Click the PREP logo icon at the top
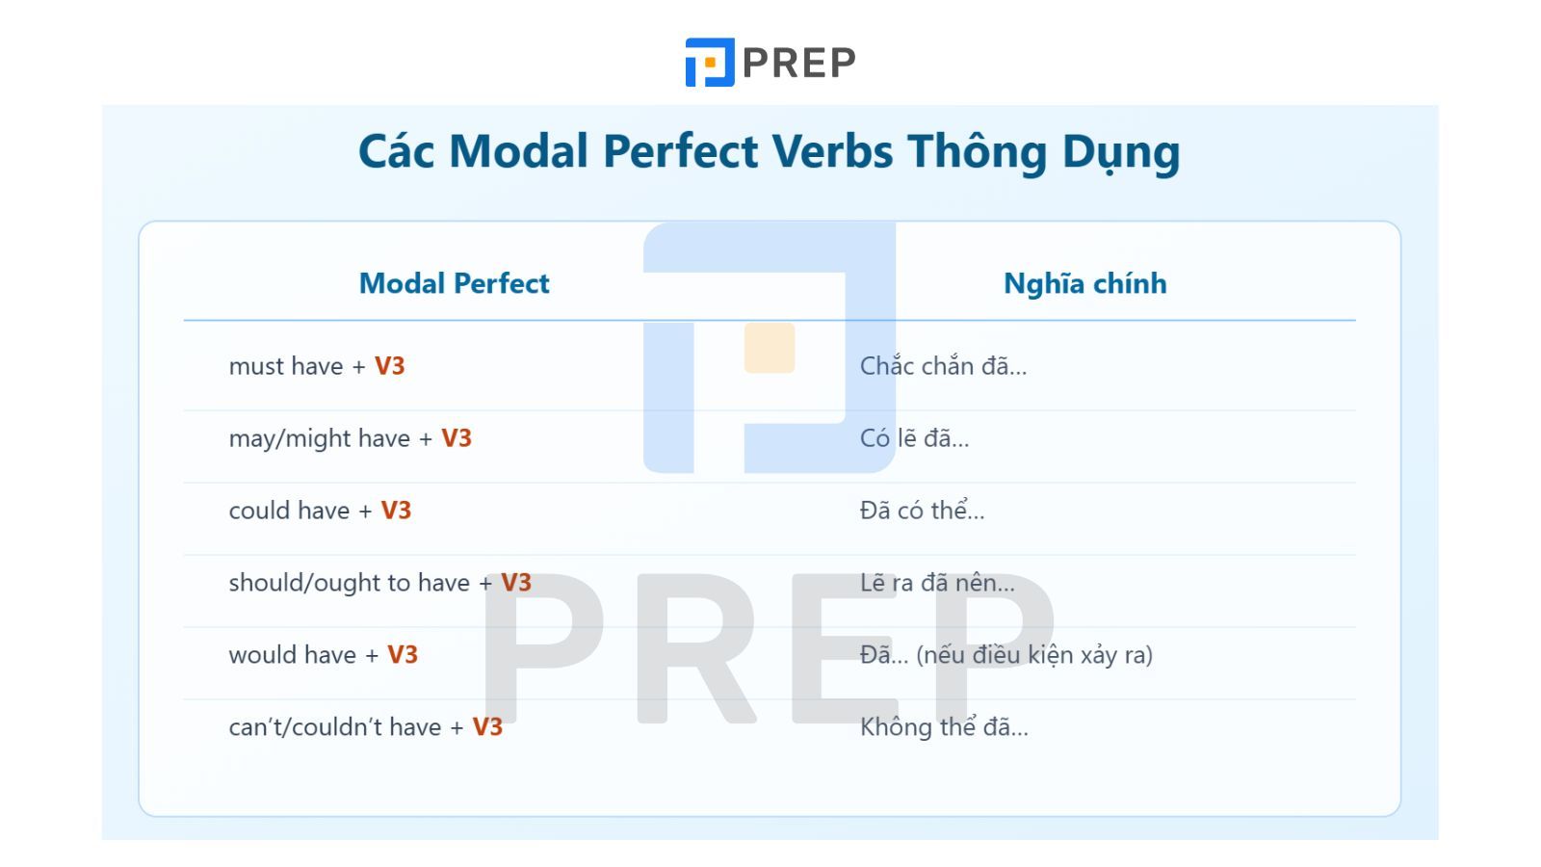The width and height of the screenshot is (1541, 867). (709, 62)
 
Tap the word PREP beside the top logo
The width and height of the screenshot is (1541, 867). (799, 63)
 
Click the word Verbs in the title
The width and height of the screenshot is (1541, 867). (832, 150)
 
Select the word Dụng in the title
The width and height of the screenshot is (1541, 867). (1121, 153)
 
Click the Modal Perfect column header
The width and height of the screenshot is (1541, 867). (454, 283)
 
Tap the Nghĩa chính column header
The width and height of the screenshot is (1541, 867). (1084, 283)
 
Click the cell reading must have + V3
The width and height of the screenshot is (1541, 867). (317, 366)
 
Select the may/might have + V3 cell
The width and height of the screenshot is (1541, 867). (351, 438)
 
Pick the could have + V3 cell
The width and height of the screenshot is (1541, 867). (320, 511)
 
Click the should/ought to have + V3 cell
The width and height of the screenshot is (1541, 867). (379, 583)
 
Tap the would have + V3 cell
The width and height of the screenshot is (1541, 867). (324, 654)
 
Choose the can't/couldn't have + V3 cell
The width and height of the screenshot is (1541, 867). (365, 726)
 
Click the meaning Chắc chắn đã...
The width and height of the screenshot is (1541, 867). (943, 366)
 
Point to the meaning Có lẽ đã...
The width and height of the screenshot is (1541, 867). (914, 438)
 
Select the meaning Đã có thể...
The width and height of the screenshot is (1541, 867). (922, 510)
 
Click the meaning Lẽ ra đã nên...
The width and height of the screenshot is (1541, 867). (937, 583)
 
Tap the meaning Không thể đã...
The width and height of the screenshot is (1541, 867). (944, 726)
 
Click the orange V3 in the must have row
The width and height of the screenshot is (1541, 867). (389, 366)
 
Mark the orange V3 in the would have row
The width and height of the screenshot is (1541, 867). (403, 654)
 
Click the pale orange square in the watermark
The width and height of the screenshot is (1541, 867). (770, 348)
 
